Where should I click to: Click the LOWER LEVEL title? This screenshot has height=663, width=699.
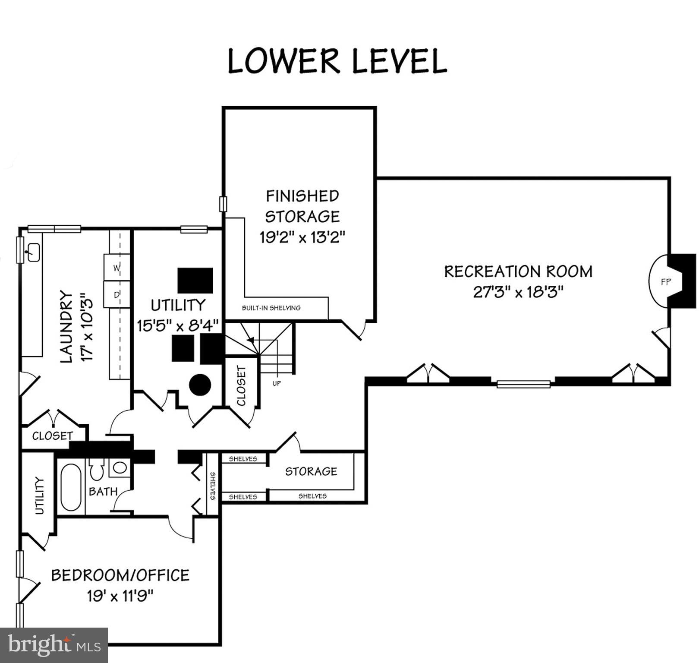pos(337,61)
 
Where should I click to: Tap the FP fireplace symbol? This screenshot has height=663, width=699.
pos(665,282)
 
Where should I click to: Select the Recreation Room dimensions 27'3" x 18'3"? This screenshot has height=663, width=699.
pos(518,292)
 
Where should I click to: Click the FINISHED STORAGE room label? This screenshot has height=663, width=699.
pos(302,206)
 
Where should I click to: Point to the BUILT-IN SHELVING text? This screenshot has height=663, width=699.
pos(271,308)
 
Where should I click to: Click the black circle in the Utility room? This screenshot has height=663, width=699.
pos(200,384)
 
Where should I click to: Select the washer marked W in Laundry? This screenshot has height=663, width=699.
pos(116,268)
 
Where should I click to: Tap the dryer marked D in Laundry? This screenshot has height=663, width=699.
pos(116,295)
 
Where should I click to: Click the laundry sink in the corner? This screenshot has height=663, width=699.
pos(33,252)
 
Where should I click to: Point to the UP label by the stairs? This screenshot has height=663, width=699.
pos(277,383)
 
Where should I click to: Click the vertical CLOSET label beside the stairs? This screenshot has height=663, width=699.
pos(241,385)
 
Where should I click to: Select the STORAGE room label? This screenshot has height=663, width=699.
pos(311,471)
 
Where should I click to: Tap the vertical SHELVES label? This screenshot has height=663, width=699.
pos(213,486)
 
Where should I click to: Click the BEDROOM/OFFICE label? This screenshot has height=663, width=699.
pos(120,575)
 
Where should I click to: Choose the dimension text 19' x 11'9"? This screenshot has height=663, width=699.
pos(120,596)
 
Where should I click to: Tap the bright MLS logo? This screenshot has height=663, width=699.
pos(54,645)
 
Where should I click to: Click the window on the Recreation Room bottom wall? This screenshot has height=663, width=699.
pos(523,384)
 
